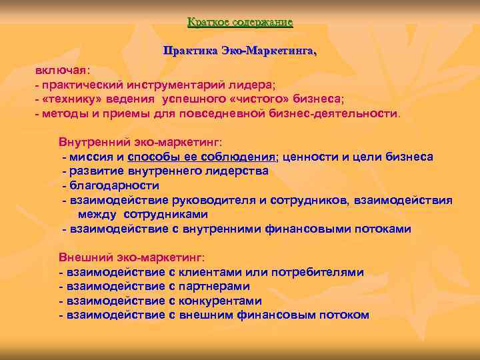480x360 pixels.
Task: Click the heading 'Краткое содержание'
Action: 240,23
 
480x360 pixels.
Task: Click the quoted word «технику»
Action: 69,99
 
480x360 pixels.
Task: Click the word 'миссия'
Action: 90,157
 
